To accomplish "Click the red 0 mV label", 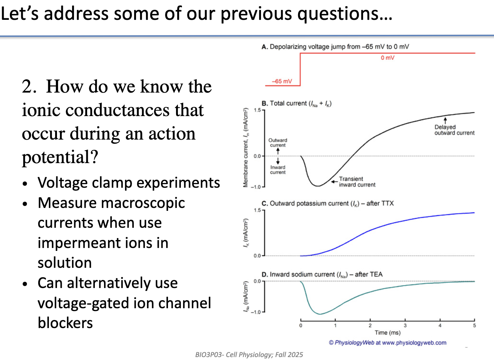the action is coord(387,58).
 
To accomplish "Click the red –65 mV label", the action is coord(282,81).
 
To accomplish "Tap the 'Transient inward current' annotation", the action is coord(357,182).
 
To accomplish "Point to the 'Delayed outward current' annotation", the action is coord(454,130).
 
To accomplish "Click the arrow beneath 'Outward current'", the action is coord(278,151).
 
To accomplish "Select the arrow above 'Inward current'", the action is coord(278,161).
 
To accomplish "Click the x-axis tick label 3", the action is coord(405,325).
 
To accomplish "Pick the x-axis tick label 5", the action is coord(475,325).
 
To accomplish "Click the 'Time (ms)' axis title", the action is coord(387,332).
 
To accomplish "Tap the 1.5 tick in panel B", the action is coord(257,110).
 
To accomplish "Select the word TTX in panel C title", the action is coord(387,203).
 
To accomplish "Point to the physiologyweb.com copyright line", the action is coord(387,343).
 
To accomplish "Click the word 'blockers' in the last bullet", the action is coord(65,323).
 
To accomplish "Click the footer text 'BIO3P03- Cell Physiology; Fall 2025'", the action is coord(249,354).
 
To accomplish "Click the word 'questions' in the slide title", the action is coord(345,14).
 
